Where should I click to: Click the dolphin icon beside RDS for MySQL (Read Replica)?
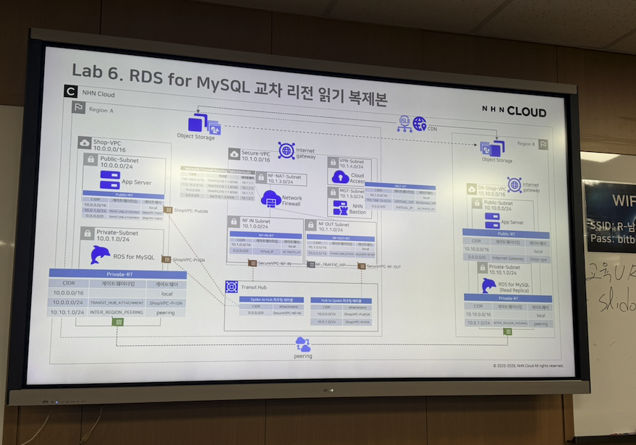[489, 285]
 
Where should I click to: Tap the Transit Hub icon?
[232, 287]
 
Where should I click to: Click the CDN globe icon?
[420, 124]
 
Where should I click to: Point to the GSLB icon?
[404, 124]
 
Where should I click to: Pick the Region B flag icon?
[543, 144]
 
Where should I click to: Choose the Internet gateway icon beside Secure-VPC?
[285, 151]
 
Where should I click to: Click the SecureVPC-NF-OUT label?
[383, 266]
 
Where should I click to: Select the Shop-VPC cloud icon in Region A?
[85, 143]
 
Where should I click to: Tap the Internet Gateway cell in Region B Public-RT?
[506, 258]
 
